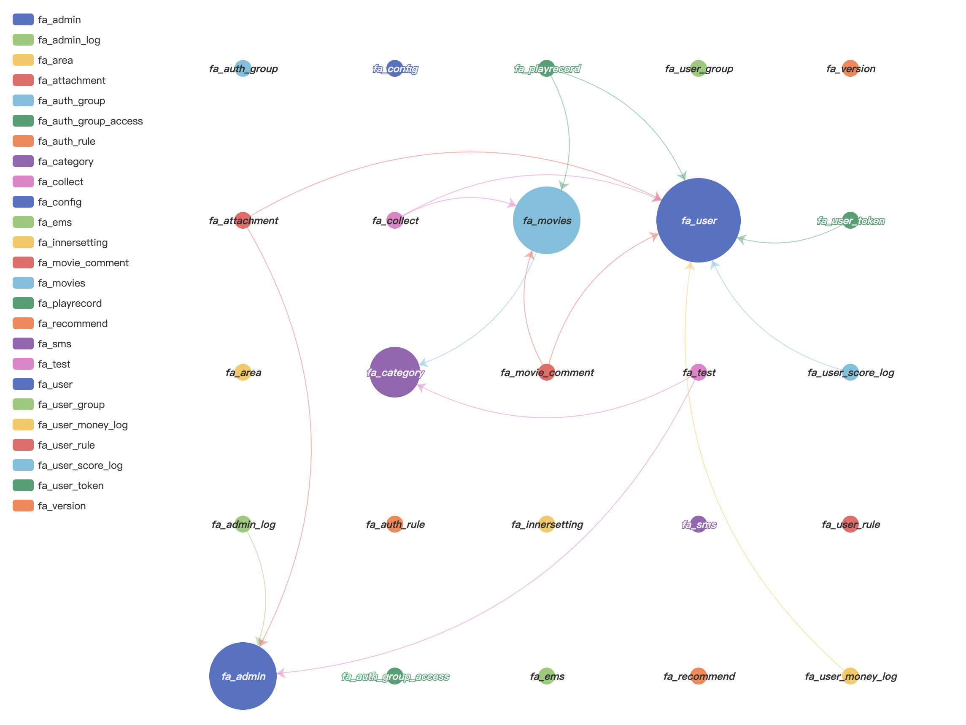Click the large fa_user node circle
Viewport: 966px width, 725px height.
pos(698,220)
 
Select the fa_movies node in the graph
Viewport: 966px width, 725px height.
pos(546,220)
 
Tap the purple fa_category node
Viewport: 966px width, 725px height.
pos(395,372)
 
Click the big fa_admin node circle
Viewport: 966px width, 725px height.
pos(243,676)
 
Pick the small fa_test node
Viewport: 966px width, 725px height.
pos(699,372)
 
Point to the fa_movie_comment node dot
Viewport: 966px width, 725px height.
pos(546,372)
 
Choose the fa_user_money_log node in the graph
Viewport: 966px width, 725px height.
pos(850,676)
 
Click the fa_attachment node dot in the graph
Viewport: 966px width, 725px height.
pos(243,220)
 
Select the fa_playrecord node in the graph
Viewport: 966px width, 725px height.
pos(546,69)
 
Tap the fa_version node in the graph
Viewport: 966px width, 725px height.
pos(850,69)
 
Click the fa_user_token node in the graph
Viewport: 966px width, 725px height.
pos(850,220)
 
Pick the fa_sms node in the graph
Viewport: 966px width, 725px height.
pos(699,524)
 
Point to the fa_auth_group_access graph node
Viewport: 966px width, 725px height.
pos(395,676)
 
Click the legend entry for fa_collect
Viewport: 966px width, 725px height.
pos(60,182)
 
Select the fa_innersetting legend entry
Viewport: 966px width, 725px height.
pos(73,243)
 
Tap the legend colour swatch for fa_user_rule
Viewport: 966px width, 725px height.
pos(23,445)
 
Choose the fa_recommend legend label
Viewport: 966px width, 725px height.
pos(73,323)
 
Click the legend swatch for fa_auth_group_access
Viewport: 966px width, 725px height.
pos(23,121)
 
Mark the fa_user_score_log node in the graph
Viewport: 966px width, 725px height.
pos(850,372)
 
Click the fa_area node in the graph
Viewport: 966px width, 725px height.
pos(243,372)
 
